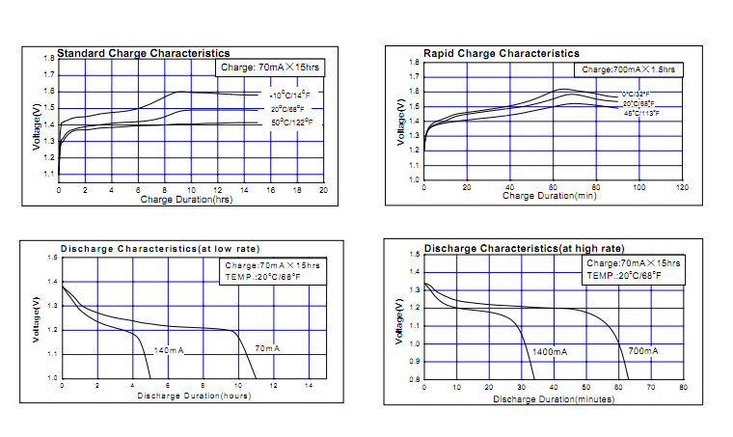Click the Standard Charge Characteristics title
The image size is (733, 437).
143,53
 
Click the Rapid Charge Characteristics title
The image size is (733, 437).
502,53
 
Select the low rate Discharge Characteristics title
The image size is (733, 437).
160,249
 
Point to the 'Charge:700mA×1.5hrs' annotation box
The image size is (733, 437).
630,69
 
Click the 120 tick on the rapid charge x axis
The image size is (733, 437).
682,187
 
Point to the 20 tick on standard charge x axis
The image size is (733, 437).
323,191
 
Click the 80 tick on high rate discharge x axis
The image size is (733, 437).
682,388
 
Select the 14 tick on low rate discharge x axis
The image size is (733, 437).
309,386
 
